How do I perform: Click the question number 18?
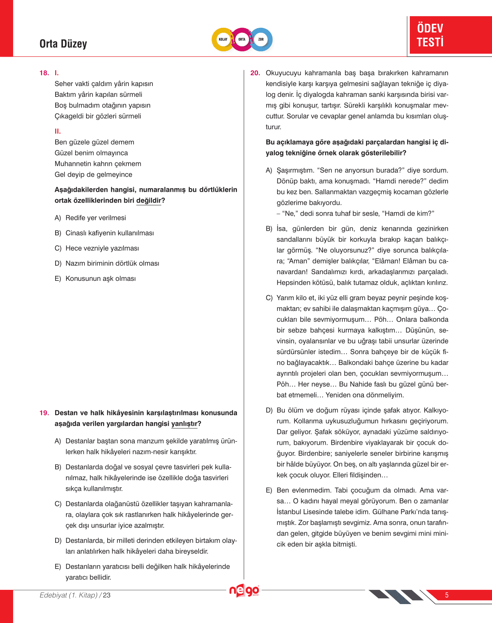44,73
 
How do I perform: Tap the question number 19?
44,413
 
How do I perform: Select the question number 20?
255,73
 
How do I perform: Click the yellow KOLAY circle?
223,39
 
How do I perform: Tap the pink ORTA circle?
242,39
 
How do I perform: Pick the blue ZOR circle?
261,39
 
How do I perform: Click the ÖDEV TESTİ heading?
430,35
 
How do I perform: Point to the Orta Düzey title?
63,44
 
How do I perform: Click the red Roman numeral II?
57,131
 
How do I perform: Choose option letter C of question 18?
58,248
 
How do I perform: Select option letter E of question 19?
58,566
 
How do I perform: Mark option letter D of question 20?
269,410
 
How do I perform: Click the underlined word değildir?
149,200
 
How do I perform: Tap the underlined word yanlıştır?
184,424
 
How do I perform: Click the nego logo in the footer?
244,591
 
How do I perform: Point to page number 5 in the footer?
447,595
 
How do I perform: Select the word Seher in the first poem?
64,84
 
